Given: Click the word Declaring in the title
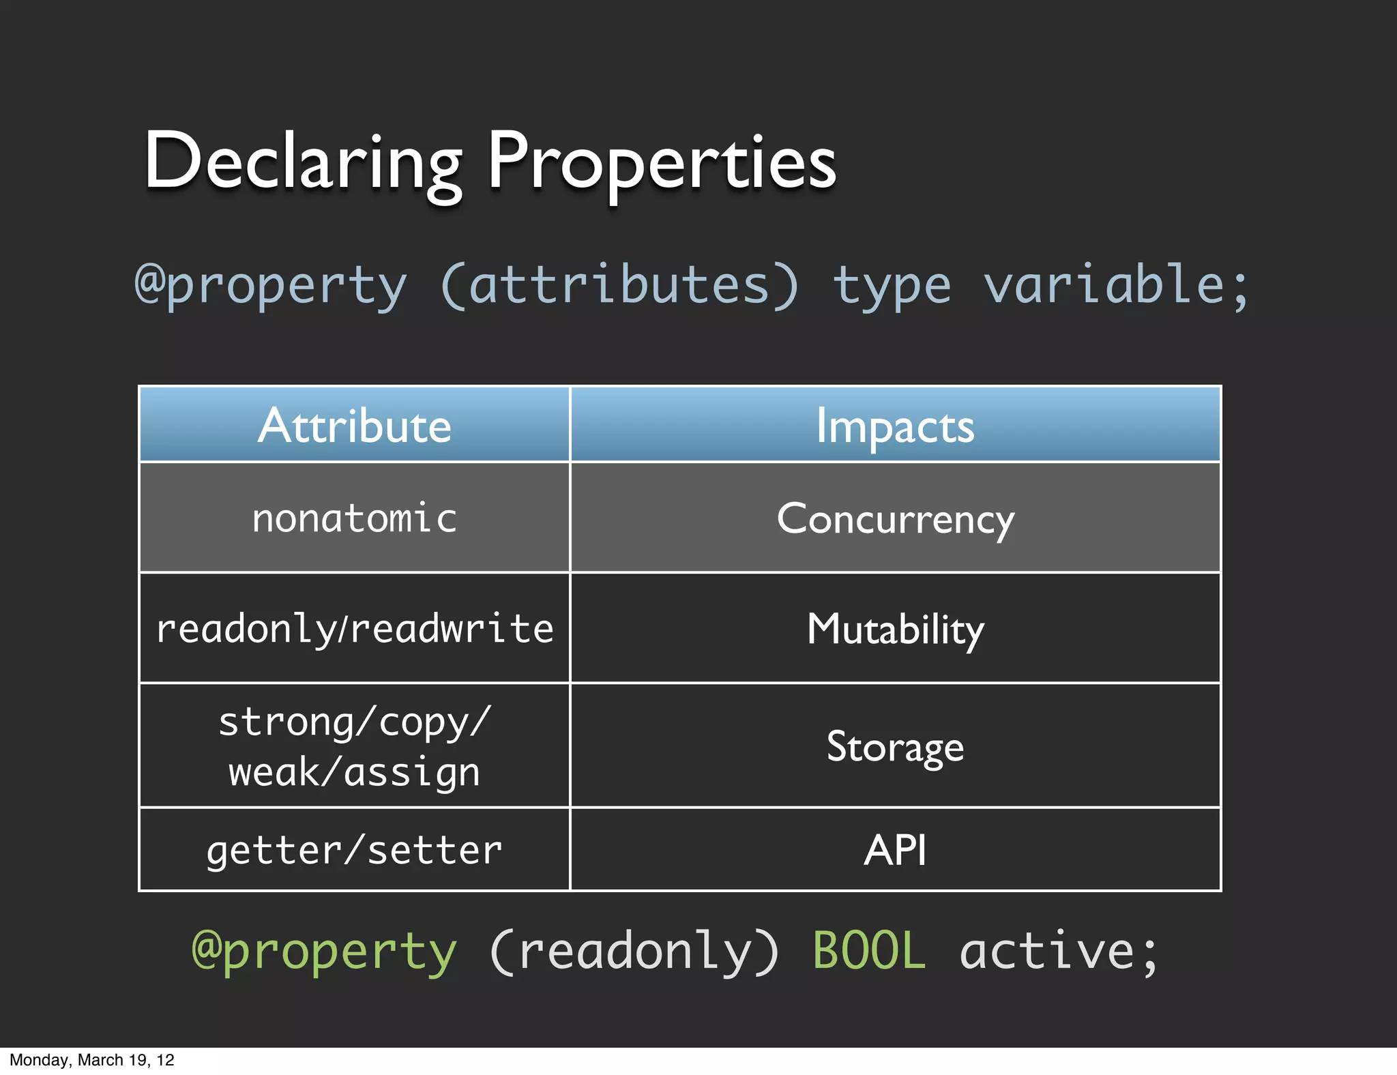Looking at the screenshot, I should coord(303,162).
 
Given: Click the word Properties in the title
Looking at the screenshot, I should coord(662,162).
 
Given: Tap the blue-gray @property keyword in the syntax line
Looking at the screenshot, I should coord(271,285).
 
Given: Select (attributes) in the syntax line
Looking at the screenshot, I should coord(619,285).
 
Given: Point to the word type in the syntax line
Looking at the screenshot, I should coord(892,285).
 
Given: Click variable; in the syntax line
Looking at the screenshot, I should coord(1116,285).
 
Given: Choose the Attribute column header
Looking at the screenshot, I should coord(355,426).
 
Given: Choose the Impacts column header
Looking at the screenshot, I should coord(895,426).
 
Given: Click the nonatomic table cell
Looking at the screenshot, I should coord(355,518).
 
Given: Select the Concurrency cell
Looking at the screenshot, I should coord(895,519).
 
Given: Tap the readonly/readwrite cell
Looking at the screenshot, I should coord(355,628).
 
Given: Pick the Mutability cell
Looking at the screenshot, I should coord(895,628).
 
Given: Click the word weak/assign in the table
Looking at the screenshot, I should coord(355,772).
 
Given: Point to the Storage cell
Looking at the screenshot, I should coord(895,746).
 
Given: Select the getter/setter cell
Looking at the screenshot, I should coord(355,851).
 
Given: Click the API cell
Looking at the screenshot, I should coord(895,850).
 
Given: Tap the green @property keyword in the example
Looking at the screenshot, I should coord(324,951).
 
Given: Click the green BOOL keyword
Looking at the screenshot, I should coord(869,951).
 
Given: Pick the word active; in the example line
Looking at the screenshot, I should coord(1059,951).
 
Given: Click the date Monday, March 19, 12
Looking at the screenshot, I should coord(92,1060).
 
